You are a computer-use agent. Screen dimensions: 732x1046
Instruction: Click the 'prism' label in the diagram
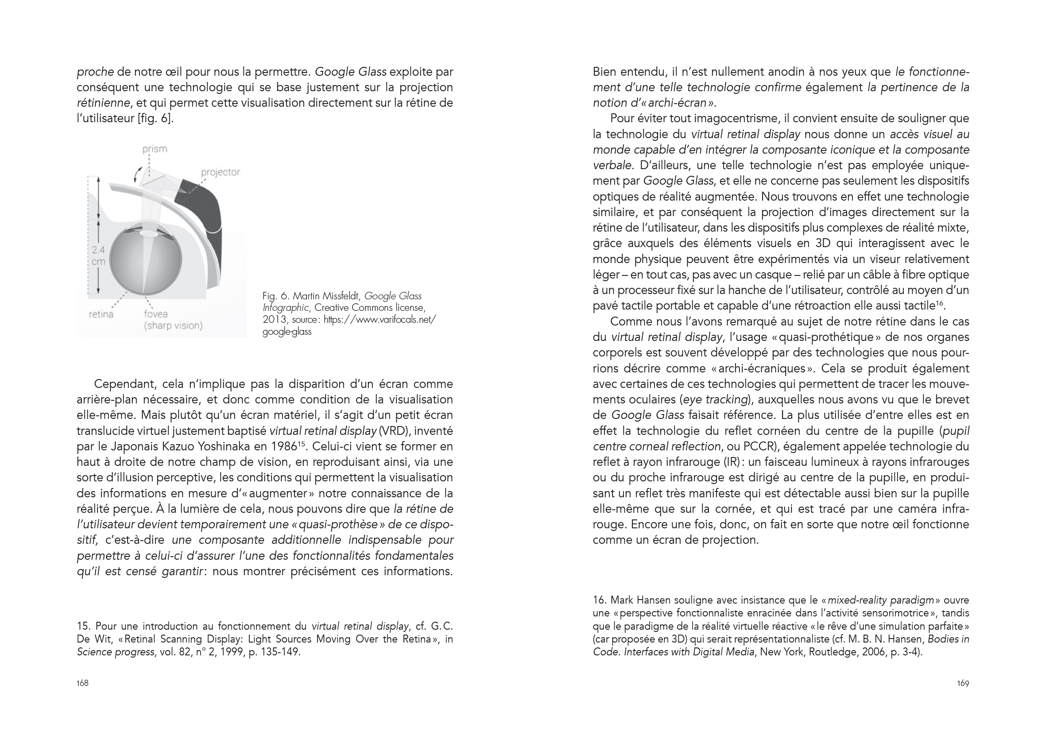(155, 149)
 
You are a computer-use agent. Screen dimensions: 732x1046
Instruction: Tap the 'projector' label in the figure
(220, 172)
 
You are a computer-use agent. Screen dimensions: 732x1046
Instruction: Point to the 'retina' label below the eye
(101, 314)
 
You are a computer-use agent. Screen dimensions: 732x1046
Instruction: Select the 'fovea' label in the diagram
(156, 314)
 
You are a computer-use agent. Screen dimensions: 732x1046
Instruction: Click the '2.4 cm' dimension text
(98, 256)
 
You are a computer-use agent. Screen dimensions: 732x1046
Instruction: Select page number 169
(963, 683)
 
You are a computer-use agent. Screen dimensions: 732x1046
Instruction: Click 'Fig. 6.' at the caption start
(275, 296)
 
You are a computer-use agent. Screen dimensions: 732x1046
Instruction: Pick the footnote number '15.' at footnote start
(84, 626)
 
